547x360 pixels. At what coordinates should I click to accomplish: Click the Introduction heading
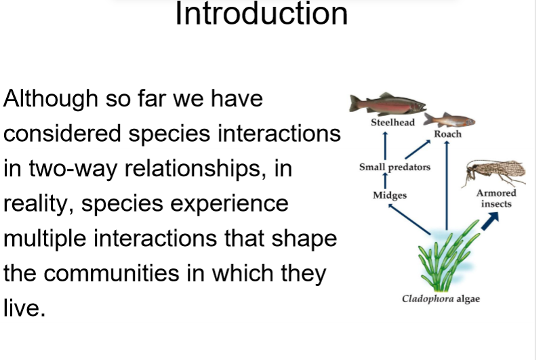261,14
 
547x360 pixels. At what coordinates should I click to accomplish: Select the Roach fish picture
448,121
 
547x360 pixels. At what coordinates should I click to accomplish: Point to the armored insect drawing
495,173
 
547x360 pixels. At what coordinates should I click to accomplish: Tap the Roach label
447,134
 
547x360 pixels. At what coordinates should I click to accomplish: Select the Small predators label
394,167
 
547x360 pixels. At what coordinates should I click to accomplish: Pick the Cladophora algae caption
441,299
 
